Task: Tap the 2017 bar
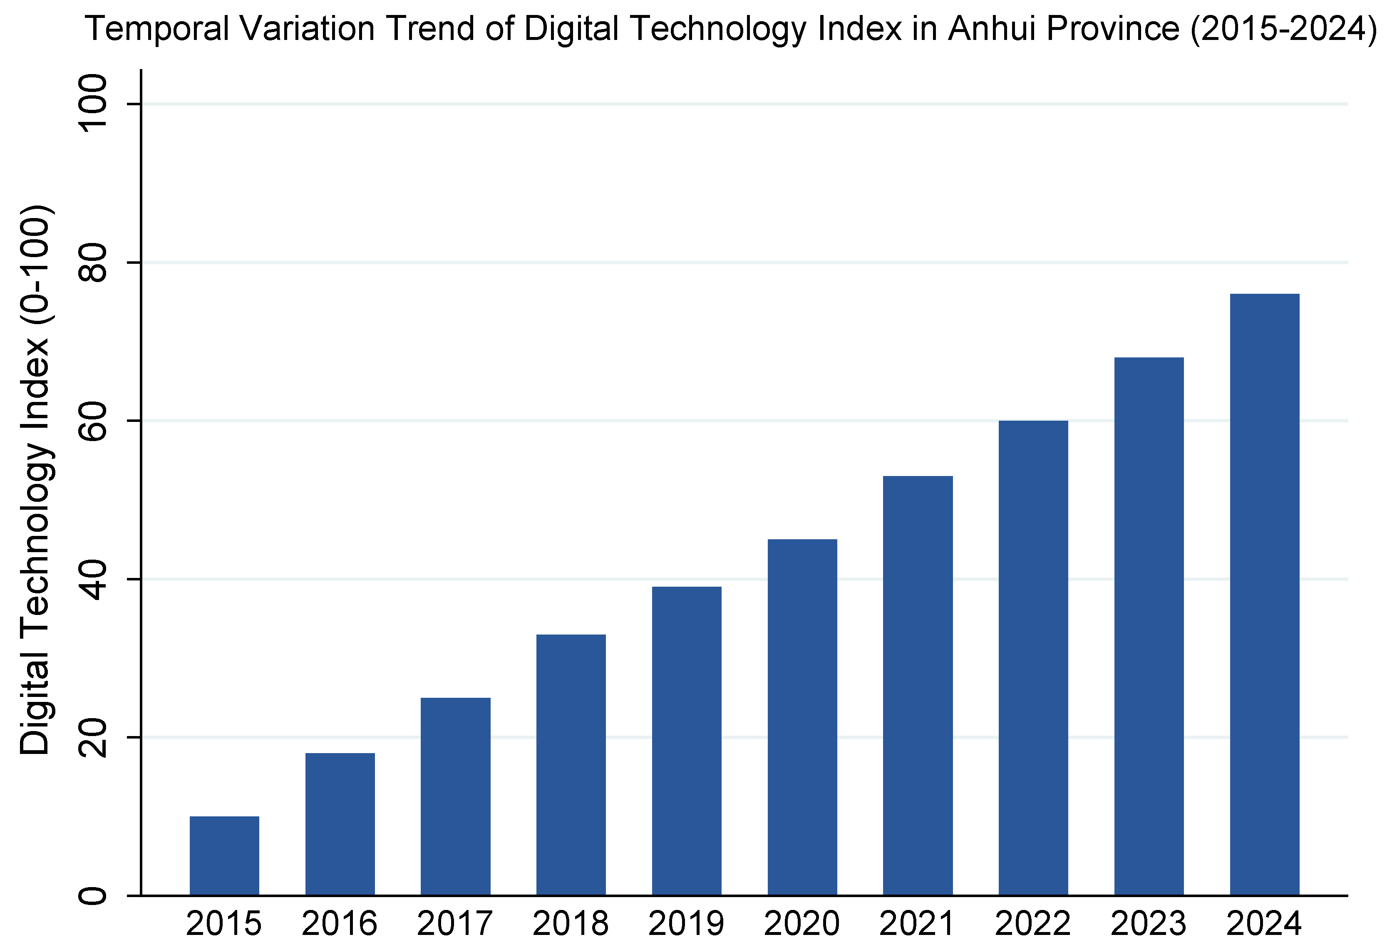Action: [x=456, y=796]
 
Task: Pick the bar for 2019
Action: [x=687, y=741]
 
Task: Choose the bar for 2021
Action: [x=918, y=685]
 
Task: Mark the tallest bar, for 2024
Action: [x=1265, y=595]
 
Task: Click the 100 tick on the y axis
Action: [x=93, y=104]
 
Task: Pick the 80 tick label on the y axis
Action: [x=93, y=263]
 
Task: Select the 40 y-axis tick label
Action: [x=93, y=579]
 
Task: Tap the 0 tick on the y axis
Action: [x=93, y=895]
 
